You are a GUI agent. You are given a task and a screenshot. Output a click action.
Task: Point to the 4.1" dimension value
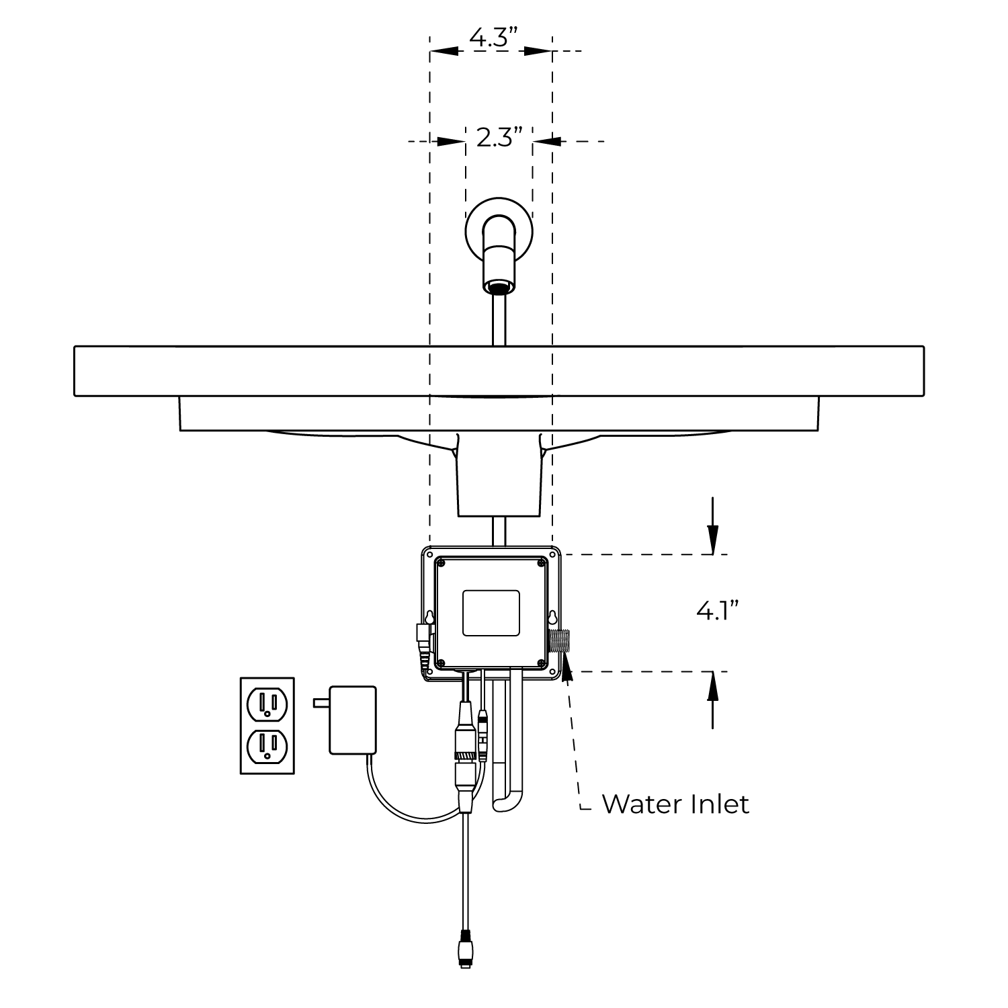(x=718, y=611)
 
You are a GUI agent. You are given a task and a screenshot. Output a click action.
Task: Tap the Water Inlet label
(x=675, y=804)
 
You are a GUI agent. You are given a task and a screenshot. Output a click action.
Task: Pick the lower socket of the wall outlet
(x=267, y=747)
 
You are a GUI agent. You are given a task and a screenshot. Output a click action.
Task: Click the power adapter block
(x=352, y=720)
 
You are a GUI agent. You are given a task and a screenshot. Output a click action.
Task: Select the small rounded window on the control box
(x=491, y=613)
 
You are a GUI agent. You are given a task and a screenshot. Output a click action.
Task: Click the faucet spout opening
(x=499, y=288)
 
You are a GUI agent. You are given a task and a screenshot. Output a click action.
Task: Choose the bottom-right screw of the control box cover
(x=542, y=664)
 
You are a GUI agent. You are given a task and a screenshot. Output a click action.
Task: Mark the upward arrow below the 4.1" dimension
(x=713, y=700)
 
